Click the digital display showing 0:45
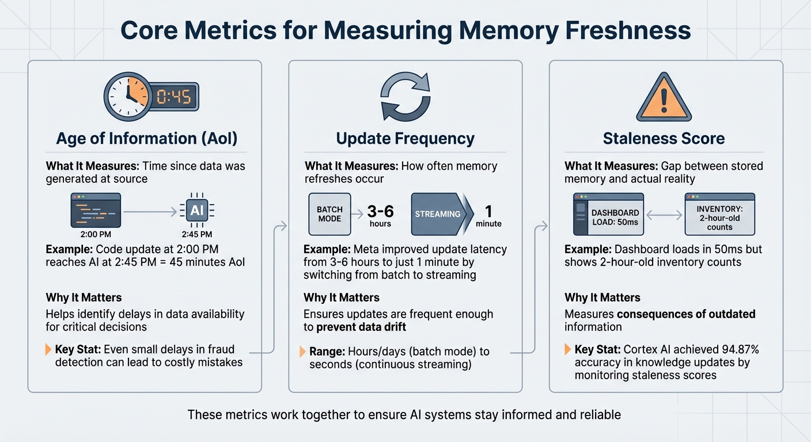click(x=173, y=97)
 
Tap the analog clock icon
click(x=127, y=97)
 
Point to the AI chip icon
click(x=197, y=211)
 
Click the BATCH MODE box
click(x=329, y=214)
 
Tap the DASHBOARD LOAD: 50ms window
click(x=608, y=214)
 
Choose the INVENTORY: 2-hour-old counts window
click(x=719, y=214)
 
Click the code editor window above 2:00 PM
click(x=96, y=211)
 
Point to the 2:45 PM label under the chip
click(x=197, y=234)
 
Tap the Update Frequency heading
click(x=405, y=139)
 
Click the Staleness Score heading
click(x=664, y=139)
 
